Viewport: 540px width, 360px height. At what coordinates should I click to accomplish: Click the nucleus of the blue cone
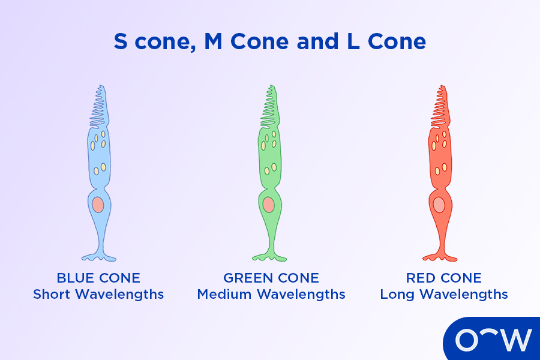pyautogui.click(x=98, y=205)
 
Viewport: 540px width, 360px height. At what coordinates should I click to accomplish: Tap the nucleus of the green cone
pyautogui.click(x=268, y=205)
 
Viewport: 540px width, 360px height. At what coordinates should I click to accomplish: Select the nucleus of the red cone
pyautogui.click(x=439, y=205)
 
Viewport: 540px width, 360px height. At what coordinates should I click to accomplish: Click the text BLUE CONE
pyautogui.click(x=98, y=278)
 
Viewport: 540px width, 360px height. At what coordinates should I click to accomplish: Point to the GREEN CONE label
pyautogui.click(x=271, y=278)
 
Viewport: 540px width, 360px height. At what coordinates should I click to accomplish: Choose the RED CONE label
pyautogui.click(x=444, y=278)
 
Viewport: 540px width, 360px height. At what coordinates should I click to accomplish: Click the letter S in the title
pyautogui.click(x=121, y=42)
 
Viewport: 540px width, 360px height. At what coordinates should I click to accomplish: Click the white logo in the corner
pyautogui.click(x=493, y=340)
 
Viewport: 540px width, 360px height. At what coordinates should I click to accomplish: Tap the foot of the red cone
pyautogui.click(x=440, y=257)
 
